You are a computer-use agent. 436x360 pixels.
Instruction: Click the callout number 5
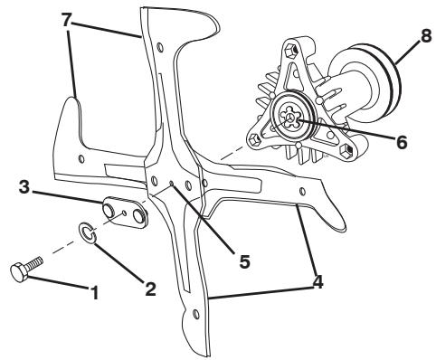click(242, 261)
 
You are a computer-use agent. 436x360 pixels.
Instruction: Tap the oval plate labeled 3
click(127, 213)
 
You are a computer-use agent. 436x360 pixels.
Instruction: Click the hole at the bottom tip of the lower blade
click(196, 315)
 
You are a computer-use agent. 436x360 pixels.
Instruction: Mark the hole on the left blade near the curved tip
click(81, 156)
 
